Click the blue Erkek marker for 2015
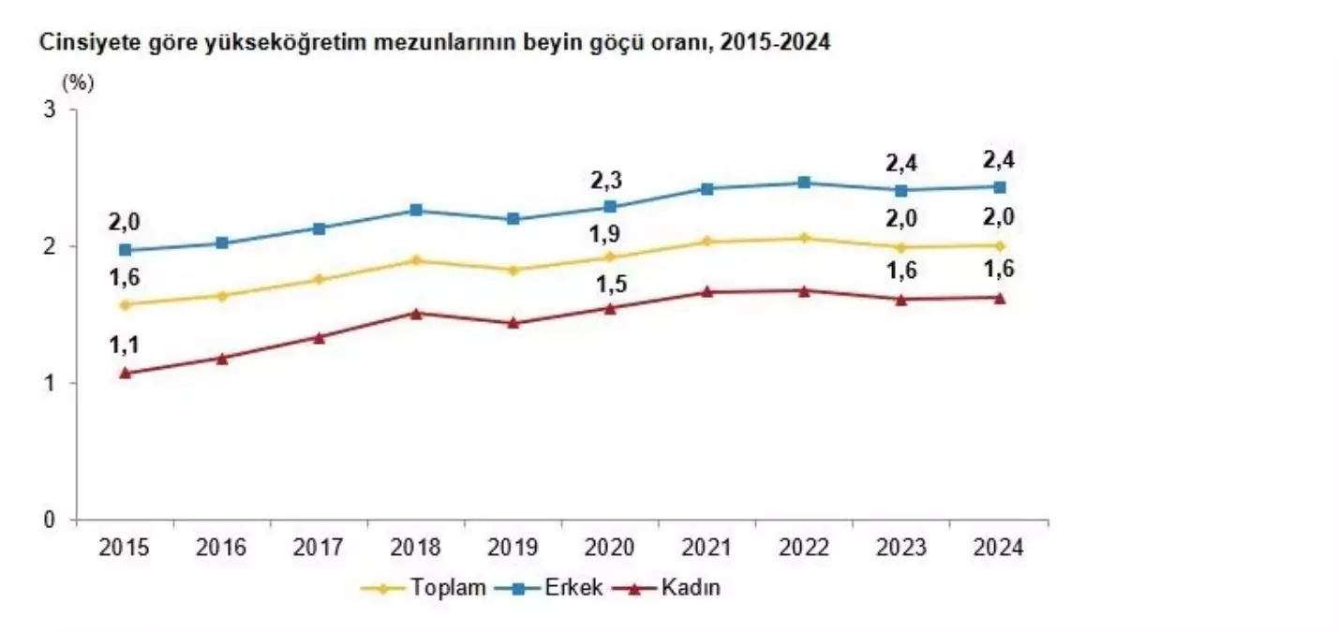pos(125,250)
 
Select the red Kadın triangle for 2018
pos(416,313)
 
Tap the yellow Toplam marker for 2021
pos(707,242)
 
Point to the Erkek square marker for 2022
pos(804,183)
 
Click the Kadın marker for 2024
pos(1000,298)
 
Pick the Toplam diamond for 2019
pos(513,270)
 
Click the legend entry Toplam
pos(446,588)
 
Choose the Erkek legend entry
pos(573,588)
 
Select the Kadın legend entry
pos(691,588)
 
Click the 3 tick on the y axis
pos(50,110)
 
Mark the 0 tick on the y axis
pos(50,520)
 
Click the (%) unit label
pos(78,82)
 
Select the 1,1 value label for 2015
pos(125,345)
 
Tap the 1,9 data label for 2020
pos(610,231)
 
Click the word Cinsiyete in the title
pos(74,42)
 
